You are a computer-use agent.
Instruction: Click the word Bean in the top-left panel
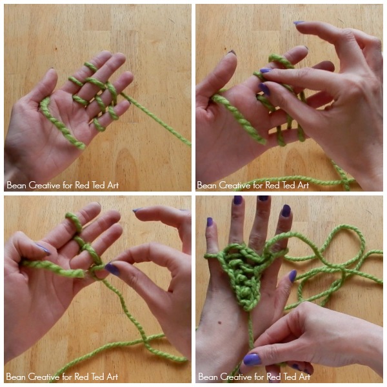[16, 185]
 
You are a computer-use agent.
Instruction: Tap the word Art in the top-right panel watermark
[303, 185]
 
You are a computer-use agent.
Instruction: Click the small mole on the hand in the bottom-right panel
[219, 322]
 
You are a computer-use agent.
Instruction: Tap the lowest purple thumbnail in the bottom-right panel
[252, 359]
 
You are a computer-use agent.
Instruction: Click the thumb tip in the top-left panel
[51, 74]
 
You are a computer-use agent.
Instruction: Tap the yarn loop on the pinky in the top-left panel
[99, 124]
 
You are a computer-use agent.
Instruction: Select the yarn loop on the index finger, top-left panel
[90, 67]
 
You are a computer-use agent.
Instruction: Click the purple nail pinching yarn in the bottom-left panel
[112, 269]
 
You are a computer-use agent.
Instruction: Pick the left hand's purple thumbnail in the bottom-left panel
[44, 249]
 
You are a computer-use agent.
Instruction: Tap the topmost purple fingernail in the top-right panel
[299, 23]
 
